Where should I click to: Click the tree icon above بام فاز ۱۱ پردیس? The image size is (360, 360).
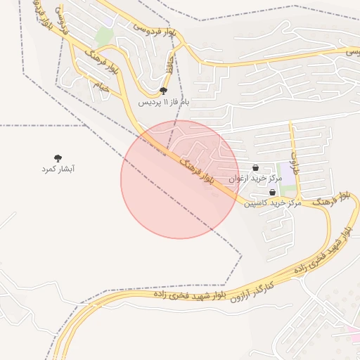tap(164, 91)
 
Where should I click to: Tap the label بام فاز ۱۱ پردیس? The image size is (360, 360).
tap(163, 103)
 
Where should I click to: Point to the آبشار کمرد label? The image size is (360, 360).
tap(58, 169)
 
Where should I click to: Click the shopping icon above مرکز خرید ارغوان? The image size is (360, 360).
tap(255, 167)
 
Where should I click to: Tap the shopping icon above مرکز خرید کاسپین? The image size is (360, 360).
tap(272, 192)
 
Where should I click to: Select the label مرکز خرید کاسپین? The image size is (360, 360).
tap(273, 202)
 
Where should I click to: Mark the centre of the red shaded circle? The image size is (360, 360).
tap(179, 179)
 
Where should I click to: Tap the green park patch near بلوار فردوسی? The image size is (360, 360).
tap(104, 36)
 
